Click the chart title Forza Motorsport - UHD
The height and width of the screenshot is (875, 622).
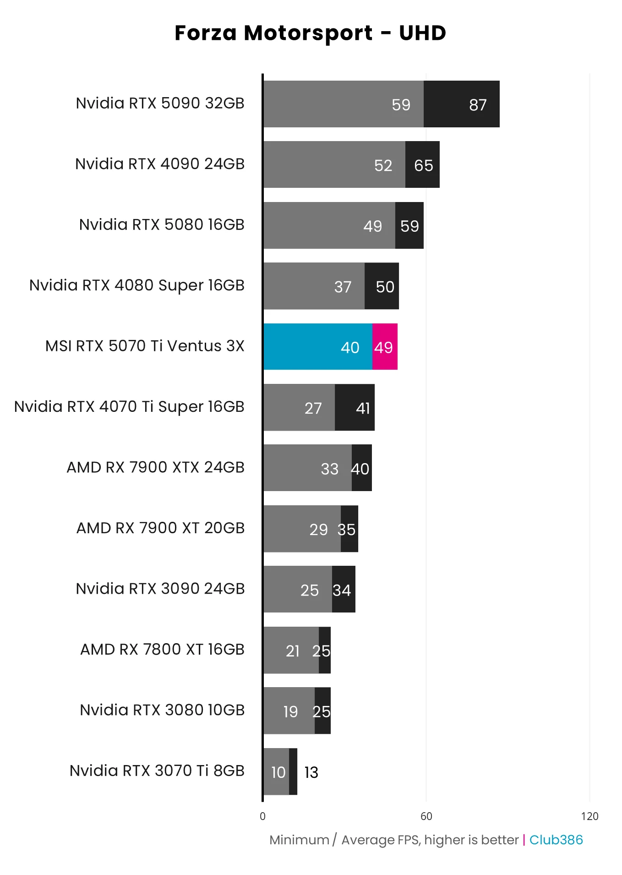click(310, 33)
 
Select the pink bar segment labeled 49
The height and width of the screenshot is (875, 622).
click(385, 347)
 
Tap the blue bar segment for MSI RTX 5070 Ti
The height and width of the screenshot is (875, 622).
click(317, 347)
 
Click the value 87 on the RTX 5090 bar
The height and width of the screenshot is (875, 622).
click(478, 105)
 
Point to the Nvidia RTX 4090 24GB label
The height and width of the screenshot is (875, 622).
click(160, 164)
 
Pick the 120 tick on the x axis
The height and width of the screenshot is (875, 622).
click(589, 816)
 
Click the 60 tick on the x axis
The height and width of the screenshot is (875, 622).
click(426, 816)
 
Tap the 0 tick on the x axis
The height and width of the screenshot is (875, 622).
click(262, 816)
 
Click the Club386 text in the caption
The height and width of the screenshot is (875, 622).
click(556, 840)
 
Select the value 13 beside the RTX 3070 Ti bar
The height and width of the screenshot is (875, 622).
click(311, 772)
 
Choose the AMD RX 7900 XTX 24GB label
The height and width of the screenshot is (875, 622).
click(156, 467)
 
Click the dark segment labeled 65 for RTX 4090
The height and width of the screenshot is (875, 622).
click(423, 165)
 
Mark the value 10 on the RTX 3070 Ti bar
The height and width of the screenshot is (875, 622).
click(278, 772)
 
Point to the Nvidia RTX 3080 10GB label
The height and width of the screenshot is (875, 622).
click(162, 710)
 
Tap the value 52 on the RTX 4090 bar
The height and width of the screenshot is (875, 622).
click(383, 165)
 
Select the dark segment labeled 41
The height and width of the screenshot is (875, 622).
click(355, 408)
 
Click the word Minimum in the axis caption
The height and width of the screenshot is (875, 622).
click(299, 840)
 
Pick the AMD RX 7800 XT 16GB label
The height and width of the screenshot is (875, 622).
click(162, 649)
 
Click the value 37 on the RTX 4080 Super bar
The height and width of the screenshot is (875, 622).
click(343, 287)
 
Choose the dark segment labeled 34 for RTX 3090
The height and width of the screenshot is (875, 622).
click(344, 590)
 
